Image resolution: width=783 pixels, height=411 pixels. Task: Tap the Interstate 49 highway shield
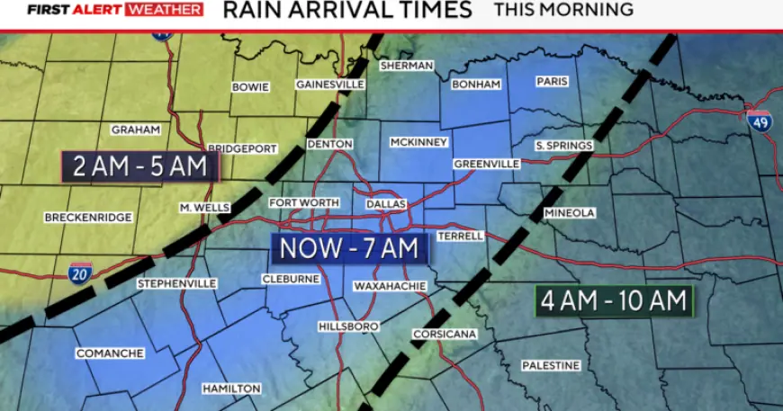761,121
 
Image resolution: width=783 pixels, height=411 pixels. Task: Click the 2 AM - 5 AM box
139,166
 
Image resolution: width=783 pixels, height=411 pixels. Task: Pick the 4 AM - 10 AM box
614,299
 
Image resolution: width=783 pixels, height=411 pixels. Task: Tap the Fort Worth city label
303,203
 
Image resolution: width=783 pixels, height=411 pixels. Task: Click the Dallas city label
386,204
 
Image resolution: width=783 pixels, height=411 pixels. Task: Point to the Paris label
552,81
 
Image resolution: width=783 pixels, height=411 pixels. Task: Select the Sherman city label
407,66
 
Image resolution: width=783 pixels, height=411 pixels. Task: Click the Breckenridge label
88,218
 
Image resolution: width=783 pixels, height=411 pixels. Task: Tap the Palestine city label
551,365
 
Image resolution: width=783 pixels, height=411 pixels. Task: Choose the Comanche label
109,353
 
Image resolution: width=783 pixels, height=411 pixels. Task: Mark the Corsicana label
444,335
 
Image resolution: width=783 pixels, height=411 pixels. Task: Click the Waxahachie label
389,285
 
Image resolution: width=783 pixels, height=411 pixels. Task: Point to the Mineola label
569,213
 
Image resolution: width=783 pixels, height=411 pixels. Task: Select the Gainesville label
329,85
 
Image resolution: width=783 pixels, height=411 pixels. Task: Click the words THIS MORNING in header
563,10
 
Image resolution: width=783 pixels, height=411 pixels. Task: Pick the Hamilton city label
231,389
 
